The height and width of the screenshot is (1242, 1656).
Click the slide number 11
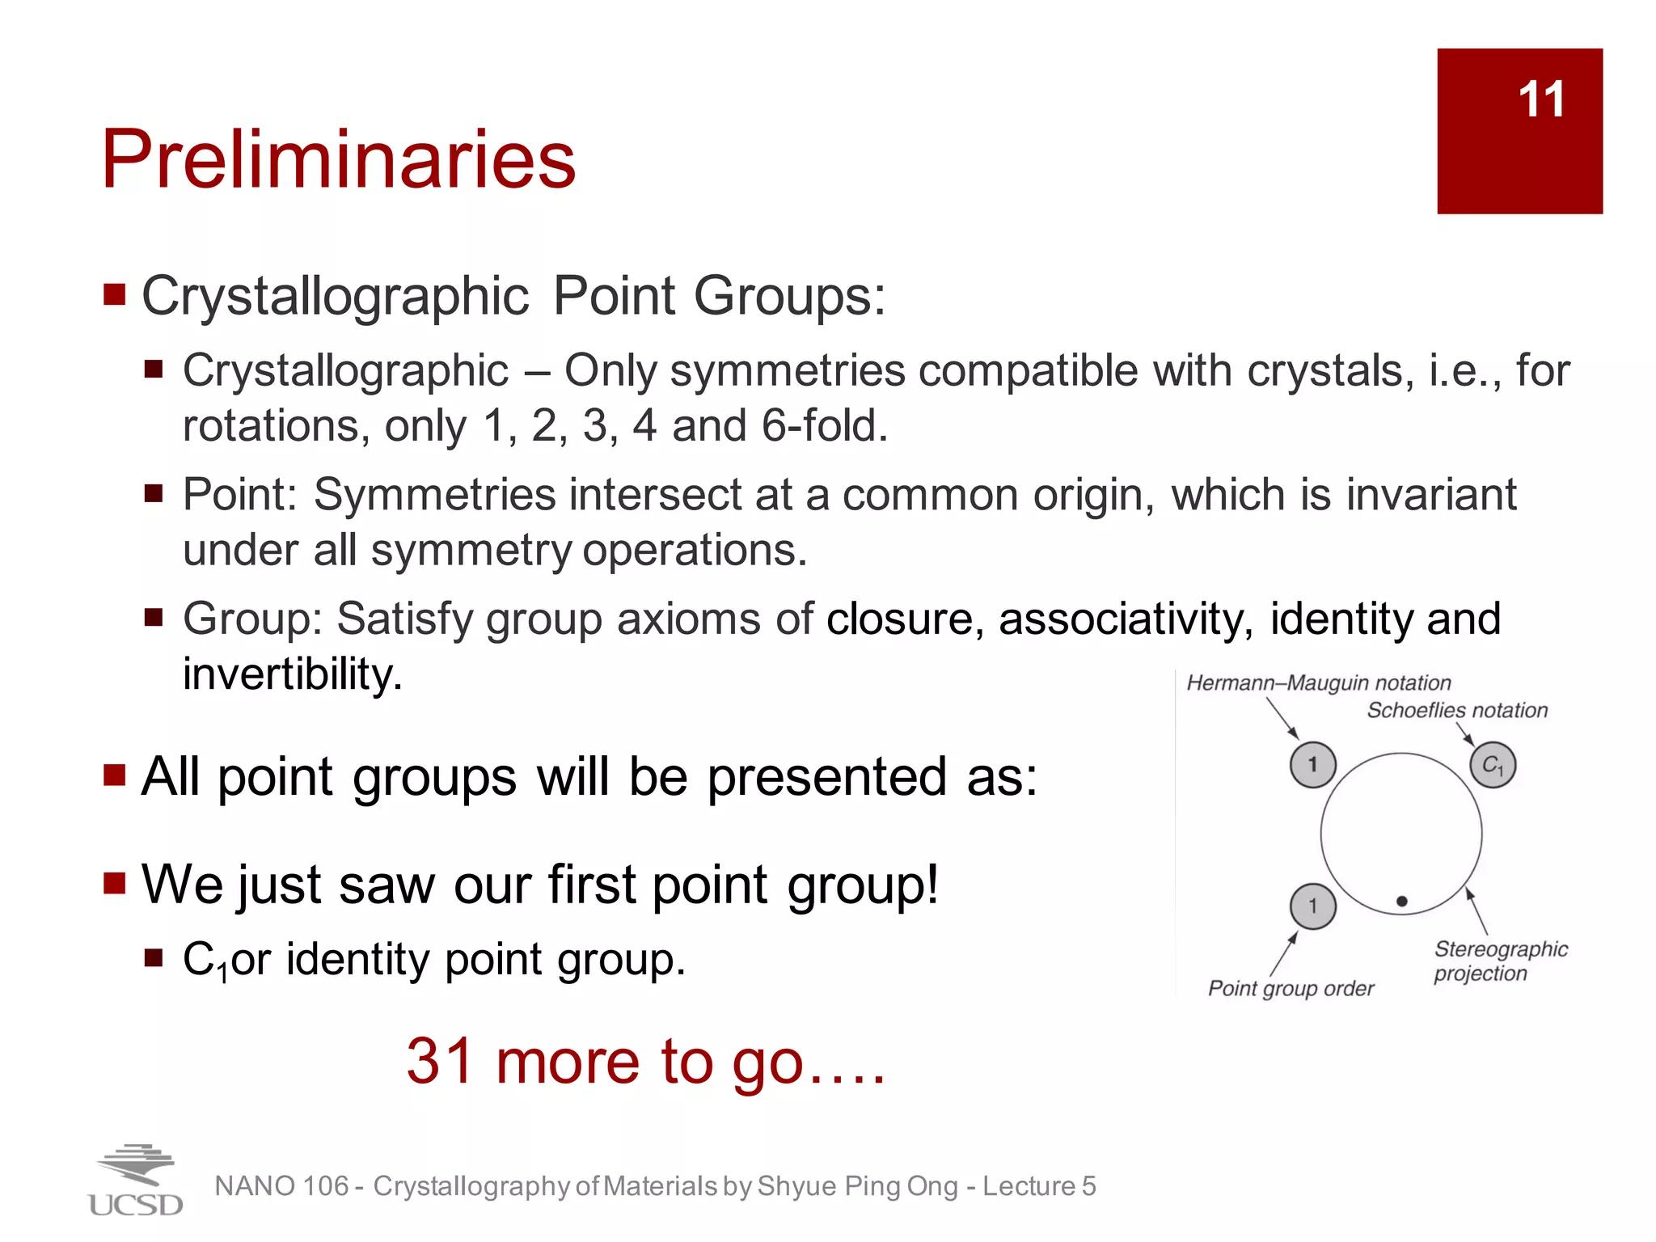coord(1540,99)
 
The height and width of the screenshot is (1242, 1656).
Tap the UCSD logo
coord(135,1181)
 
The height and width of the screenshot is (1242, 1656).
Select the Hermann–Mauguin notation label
coord(1318,683)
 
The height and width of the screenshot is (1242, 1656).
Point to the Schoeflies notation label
coord(1457,711)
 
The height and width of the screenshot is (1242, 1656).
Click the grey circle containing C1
coord(1493,765)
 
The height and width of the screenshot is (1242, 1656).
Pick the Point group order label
coord(1291,988)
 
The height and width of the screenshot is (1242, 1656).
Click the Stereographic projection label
coord(1500,961)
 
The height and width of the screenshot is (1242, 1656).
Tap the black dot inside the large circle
coord(1402,901)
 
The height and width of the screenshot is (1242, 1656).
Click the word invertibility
coord(292,674)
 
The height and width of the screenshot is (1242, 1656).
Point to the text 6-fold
coord(825,425)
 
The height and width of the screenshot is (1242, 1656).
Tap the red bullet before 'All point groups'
coord(115,775)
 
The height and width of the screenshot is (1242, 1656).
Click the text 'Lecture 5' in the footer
coord(1039,1186)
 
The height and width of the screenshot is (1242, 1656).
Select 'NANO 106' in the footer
coord(281,1186)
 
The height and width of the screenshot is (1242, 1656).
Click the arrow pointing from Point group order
coord(1283,954)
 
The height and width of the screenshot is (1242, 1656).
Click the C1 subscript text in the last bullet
coord(205,961)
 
